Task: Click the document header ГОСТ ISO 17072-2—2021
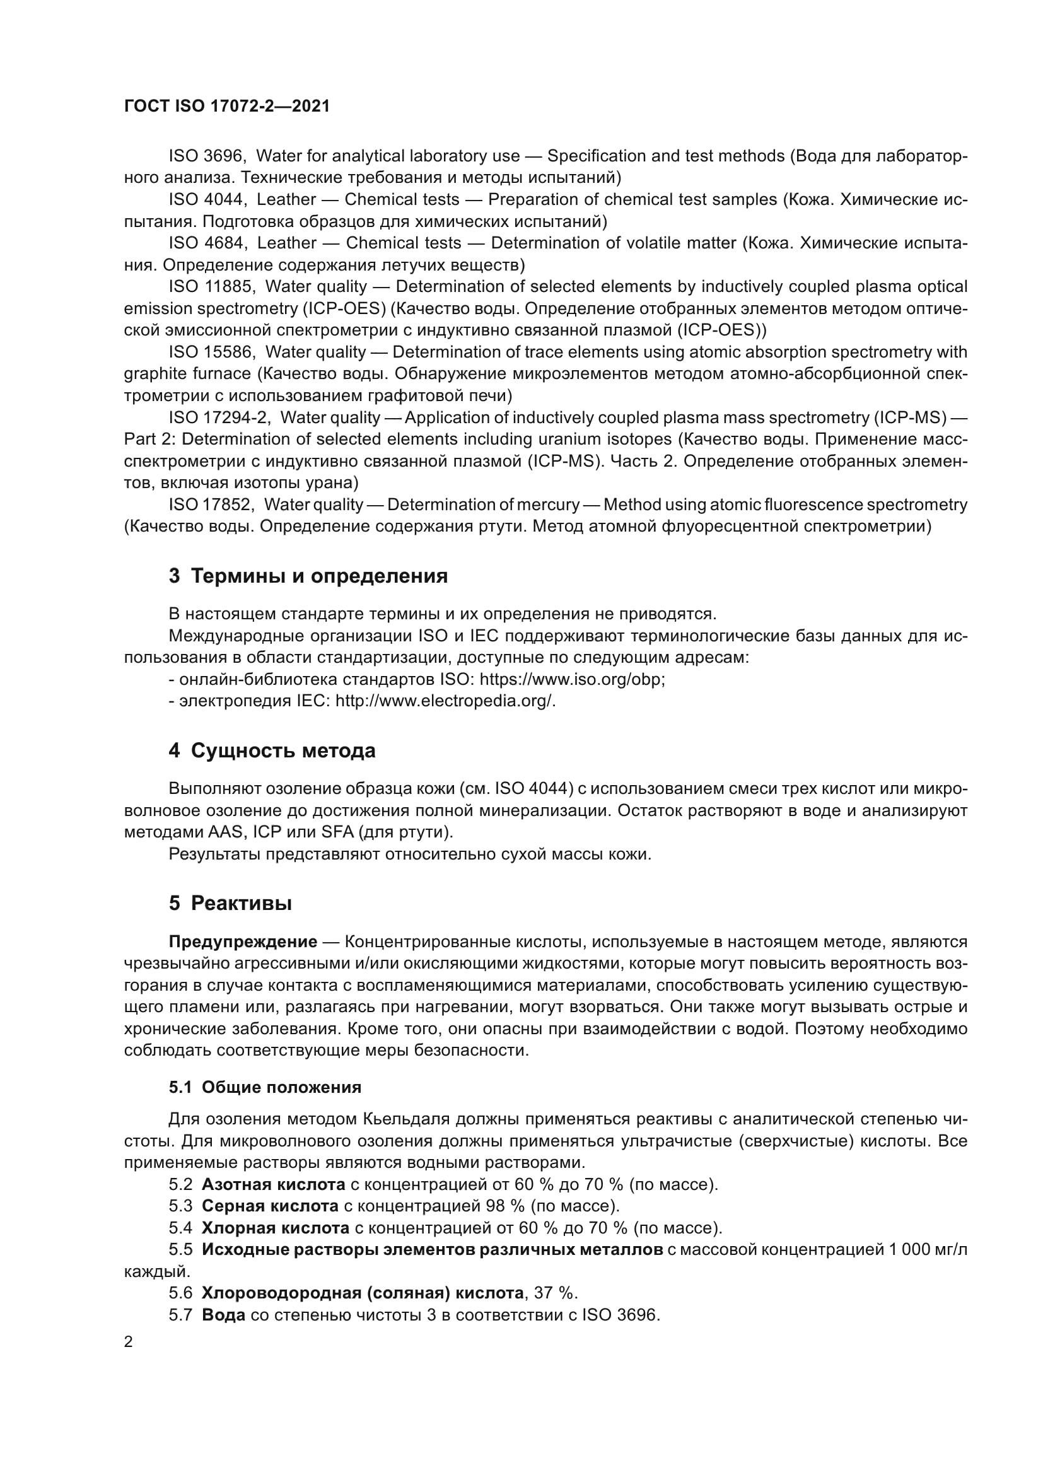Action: coord(227,107)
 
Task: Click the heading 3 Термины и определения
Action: coord(308,576)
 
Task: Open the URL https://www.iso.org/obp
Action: coord(572,679)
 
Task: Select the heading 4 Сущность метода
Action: coord(272,750)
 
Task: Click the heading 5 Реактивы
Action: coord(231,903)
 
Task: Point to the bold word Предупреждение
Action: coord(243,942)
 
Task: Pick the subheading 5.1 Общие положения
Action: coord(265,1087)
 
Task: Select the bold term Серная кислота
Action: coord(270,1206)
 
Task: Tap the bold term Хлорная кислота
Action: coord(276,1228)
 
